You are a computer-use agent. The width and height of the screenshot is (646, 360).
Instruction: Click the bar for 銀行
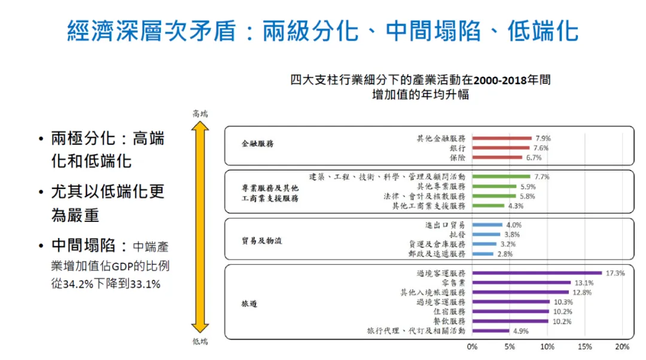pos(501,148)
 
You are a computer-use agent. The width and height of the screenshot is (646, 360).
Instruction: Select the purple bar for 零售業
pos(521,282)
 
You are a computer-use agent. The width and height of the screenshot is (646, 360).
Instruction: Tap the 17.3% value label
pos(615,273)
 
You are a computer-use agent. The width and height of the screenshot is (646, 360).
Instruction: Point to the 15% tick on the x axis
pos(584,347)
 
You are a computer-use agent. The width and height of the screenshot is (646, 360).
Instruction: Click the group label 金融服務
pos(257,144)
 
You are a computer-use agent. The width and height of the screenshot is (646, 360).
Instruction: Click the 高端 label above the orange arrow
pos(200,113)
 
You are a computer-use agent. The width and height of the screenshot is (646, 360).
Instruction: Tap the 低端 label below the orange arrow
pos(200,341)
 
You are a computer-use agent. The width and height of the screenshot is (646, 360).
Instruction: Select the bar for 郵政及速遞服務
pos(483,254)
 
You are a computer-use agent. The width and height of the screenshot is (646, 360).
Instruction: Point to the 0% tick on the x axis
pos(472,347)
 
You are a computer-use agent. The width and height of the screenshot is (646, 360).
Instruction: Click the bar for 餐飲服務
pos(510,321)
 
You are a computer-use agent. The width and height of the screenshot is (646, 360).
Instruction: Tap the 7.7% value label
pos(542,176)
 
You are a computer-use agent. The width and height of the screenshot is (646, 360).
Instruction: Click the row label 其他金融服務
pos(441,138)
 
